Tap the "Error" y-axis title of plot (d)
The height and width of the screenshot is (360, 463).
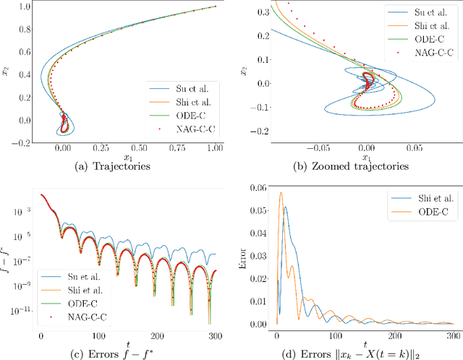(248, 253)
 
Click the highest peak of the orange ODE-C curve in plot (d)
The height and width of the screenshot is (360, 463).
(281, 192)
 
